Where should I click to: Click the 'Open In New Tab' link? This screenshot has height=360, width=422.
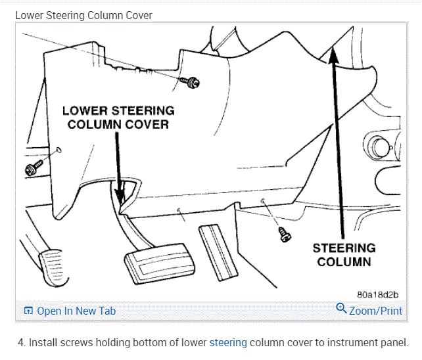(76, 311)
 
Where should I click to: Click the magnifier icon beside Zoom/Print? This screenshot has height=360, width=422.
(341, 308)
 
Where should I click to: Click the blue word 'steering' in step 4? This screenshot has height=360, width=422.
(228, 342)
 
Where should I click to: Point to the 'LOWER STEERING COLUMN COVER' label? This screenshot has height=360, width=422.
(118, 118)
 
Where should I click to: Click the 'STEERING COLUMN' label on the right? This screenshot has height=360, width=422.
(344, 255)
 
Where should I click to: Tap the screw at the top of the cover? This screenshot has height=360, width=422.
(193, 82)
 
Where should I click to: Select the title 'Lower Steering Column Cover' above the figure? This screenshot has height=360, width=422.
(83, 14)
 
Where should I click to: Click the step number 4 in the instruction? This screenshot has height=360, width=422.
(21, 342)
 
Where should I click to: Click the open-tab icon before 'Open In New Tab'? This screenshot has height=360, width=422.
(28, 311)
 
